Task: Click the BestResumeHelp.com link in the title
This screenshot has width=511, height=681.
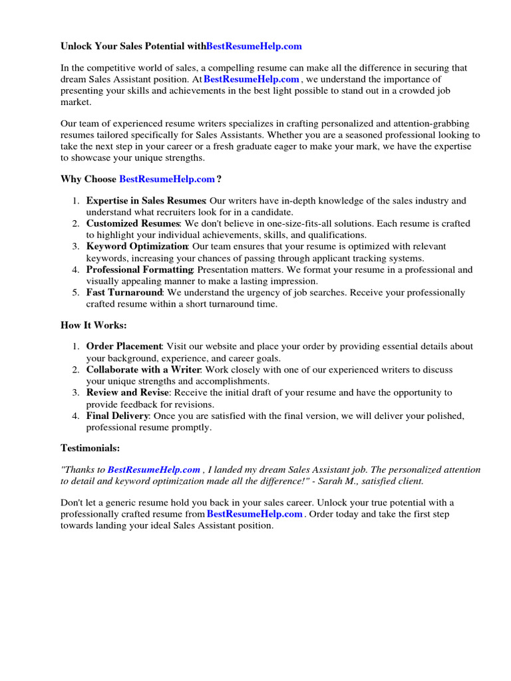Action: click(254, 46)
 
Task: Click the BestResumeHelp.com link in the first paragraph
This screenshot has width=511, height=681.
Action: click(252, 79)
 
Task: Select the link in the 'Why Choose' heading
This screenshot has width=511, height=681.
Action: click(167, 179)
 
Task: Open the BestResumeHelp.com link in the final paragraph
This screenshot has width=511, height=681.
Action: click(255, 514)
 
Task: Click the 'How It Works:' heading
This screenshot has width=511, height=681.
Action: click(93, 325)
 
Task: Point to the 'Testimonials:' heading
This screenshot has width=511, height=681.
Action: click(90, 448)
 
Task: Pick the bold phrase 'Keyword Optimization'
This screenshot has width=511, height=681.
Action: click(137, 246)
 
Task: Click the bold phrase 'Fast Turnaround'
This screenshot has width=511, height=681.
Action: click(124, 293)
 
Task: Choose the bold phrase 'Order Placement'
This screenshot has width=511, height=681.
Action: click(124, 346)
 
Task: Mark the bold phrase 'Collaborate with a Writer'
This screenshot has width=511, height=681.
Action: click(142, 369)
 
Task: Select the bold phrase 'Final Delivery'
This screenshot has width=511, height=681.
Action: click(118, 416)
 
